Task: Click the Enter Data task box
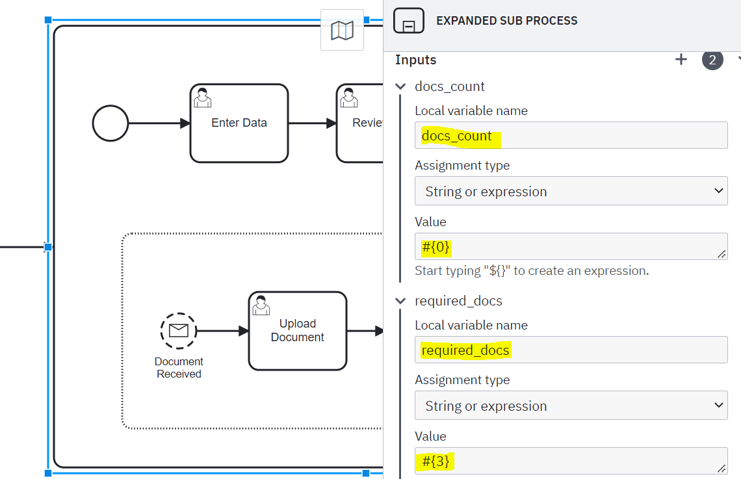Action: (x=239, y=123)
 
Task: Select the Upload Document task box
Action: (x=298, y=331)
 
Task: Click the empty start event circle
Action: (x=110, y=123)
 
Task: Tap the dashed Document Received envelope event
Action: (x=179, y=331)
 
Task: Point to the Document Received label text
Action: (x=179, y=367)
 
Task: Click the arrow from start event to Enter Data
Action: (x=159, y=123)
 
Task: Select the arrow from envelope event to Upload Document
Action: (x=222, y=331)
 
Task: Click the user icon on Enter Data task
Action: (x=203, y=97)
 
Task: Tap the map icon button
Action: (x=342, y=31)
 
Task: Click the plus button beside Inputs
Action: (x=681, y=60)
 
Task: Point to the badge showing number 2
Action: (x=712, y=60)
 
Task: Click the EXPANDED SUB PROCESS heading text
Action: (x=506, y=21)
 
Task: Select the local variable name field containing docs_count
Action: (x=571, y=136)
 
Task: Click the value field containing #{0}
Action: (x=571, y=246)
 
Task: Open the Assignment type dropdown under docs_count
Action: (x=571, y=191)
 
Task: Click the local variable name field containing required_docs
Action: (x=571, y=350)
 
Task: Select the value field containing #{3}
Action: (x=571, y=461)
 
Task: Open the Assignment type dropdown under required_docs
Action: (x=571, y=406)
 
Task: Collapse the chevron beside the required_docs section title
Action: (x=400, y=301)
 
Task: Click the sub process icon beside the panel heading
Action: (x=409, y=21)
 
